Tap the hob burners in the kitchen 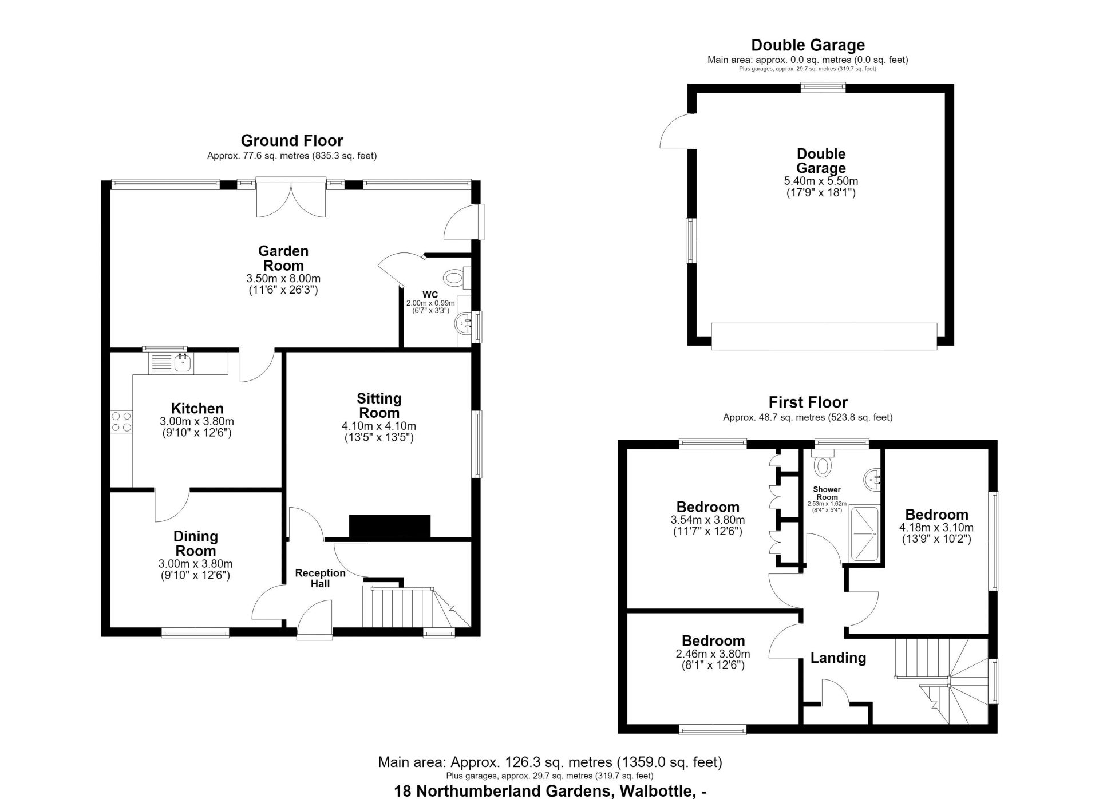click(121, 422)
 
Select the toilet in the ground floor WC click(457, 278)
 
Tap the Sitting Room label click(379, 405)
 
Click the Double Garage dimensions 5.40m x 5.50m click(821, 181)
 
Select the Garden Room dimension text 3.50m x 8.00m click(283, 279)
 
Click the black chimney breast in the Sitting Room click(389, 527)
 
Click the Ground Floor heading click(292, 141)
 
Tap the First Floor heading click(808, 402)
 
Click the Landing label click(838, 658)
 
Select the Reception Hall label click(321, 578)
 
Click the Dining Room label click(196, 543)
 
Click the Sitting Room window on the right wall click(477, 444)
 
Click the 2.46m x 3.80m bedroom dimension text click(713, 654)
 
